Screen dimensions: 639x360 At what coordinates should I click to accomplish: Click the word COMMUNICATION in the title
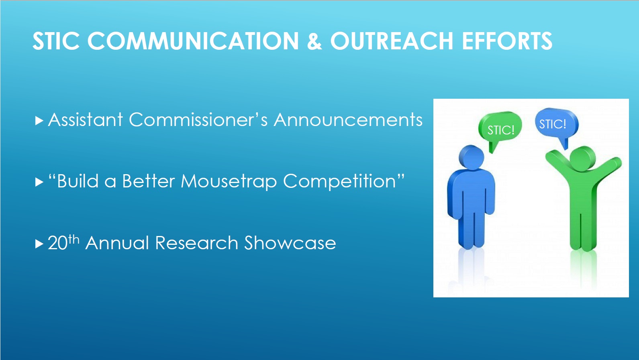pyautogui.click(x=193, y=41)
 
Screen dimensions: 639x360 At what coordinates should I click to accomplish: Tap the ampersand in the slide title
pyautogui.click(x=314, y=41)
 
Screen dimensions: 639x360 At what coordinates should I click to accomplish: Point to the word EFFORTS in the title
pyautogui.click(x=507, y=41)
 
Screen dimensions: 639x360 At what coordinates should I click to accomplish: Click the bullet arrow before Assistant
pyautogui.click(x=39, y=120)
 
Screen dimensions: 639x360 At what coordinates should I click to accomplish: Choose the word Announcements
pyautogui.click(x=348, y=120)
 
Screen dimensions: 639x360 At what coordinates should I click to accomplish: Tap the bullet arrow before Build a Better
pyautogui.click(x=39, y=182)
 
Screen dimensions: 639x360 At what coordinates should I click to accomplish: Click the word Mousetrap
pyautogui.click(x=229, y=181)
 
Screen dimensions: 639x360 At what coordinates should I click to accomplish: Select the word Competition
pyautogui.click(x=339, y=181)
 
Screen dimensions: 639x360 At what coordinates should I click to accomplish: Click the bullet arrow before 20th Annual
pyautogui.click(x=39, y=244)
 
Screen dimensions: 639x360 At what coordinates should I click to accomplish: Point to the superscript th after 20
pyautogui.click(x=73, y=240)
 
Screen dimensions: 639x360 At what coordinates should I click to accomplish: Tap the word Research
pyautogui.click(x=196, y=243)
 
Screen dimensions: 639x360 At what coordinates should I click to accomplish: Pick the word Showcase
pyautogui.click(x=290, y=243)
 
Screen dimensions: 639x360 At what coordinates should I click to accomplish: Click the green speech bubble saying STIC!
pyautogui.click(x=500, y=127)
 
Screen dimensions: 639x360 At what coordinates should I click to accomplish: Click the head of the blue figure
pyautogui.click(x=471, y=157)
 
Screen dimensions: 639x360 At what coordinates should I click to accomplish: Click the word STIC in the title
pyautogui.click(x=56, y=41)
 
